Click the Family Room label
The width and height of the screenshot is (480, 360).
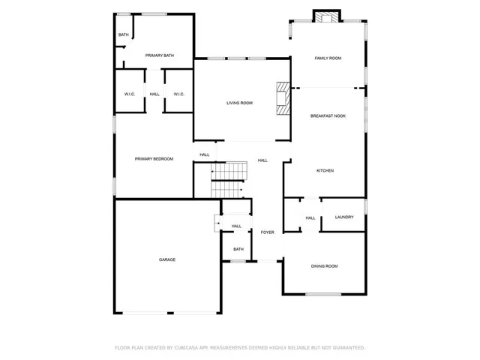[328, 58]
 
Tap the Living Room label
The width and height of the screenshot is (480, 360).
[239, 103]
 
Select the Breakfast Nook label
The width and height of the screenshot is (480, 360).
[328, 115]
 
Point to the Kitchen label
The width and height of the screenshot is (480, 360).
[325, 171]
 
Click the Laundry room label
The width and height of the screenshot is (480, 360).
[344, 217]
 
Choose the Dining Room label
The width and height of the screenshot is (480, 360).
[325, 266]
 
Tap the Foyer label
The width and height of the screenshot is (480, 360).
[268, 232]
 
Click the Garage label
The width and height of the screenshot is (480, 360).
[166, 259]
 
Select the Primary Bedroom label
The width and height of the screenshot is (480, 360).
[154, 159]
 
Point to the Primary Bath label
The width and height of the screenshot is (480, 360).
[160, 55]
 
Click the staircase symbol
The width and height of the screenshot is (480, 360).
[229, 178]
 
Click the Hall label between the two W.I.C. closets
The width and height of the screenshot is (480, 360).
[154, 94]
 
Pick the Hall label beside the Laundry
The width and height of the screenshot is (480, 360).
[310, 218]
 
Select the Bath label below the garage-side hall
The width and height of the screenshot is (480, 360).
[238, 249]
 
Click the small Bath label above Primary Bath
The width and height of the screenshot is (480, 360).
[123, 35]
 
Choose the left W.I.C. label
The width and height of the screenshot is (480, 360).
[129, 94]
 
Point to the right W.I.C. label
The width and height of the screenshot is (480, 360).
[178, 94]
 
